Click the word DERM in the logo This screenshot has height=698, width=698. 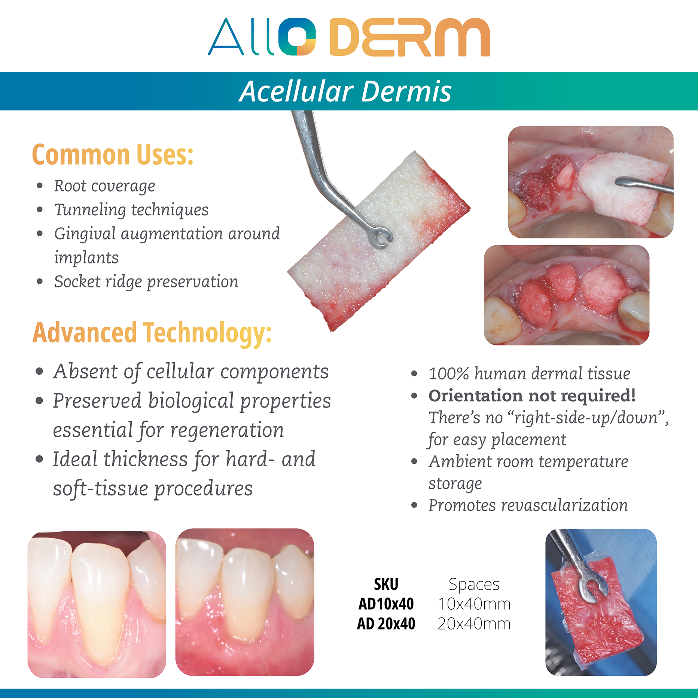410,37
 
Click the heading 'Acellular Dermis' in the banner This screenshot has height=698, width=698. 345,91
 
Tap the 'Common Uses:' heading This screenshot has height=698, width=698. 113,154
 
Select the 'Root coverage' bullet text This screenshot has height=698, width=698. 104,186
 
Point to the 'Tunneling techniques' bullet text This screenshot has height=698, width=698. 131,210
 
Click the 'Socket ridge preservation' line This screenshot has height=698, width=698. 146,282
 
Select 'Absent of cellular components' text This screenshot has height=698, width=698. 191,372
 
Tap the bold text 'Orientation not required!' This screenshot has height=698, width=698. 532,396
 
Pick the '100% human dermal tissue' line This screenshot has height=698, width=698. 529,374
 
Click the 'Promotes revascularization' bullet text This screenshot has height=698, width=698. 528,505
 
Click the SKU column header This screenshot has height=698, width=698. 386,584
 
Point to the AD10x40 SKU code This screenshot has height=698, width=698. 386,604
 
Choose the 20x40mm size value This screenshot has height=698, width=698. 474,624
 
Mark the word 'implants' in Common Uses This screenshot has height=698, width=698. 86,258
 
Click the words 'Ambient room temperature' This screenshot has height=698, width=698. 528,461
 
